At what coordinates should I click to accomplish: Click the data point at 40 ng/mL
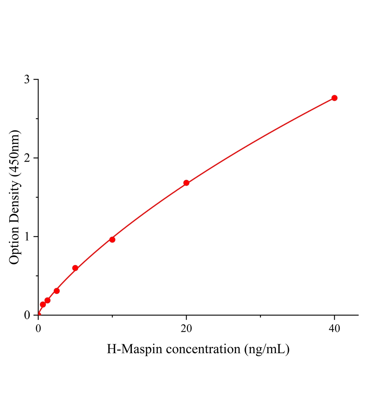pos(334,98)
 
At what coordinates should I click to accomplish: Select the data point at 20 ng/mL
pos(186,183)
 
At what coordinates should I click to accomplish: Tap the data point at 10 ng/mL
pos(112,239)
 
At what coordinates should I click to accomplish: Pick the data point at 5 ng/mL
pos(75,268)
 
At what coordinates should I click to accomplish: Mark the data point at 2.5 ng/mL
pos(57,291)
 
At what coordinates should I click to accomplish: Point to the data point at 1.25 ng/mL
pos(48,300)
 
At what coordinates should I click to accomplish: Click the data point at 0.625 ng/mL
pos(43,304)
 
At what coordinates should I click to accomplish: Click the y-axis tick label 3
pos(27,79)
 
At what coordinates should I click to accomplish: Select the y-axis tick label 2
pos(27,158)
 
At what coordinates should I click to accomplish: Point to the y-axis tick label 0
pos(27,315)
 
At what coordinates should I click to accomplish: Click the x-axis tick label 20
pos(186,329)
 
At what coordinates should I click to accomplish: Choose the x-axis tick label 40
pos(334,329)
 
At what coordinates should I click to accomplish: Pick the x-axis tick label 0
pos(38,329)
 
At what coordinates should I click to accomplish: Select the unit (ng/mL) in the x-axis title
pos(267,349)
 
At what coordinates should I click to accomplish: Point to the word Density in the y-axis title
pos(14,199)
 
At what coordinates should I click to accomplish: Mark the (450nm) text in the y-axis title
pos(14,153)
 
